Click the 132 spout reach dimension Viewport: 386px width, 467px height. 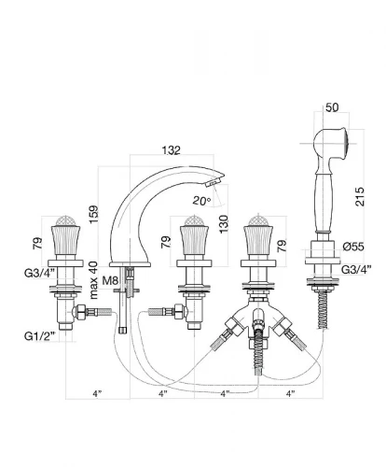click(171, 150)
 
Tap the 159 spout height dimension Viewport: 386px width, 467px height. click(93, 214)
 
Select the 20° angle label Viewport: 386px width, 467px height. click(201, 201)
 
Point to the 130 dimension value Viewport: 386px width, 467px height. click(224, 224)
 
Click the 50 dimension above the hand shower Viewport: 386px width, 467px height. click(332, 107)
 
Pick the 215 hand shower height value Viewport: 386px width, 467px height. click(359, 196)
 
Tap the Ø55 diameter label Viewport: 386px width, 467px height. click(353, 247)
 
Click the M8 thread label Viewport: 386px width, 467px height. click(110, 281)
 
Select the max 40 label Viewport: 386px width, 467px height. click(93, 280)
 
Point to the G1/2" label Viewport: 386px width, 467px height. click(40, 336)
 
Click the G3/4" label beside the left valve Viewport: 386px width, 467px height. click(39, 273)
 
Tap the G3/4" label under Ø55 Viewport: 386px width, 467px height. click(356, 270)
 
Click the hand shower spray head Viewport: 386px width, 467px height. click(331, 144)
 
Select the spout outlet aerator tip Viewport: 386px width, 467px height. click(213, 182)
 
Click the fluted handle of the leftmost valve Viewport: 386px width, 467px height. click(65, 240)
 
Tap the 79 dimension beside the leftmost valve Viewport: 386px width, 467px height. click(37, 243)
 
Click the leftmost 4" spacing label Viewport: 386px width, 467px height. click(97, 394)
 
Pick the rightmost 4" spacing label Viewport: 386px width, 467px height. click(290, 394)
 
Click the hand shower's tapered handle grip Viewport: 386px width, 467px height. click(324, 203)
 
